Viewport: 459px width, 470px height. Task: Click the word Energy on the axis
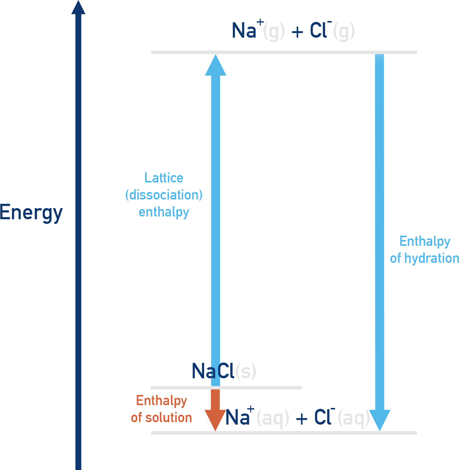tap(31, 212)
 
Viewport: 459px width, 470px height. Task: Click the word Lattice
tap(164, 178)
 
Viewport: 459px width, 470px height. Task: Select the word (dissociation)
tap(164, 195)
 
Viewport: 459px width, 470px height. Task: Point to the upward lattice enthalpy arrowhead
tap(216, 65)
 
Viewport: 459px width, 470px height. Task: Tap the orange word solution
tap(169, 418)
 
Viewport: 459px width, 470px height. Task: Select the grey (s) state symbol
tap(246, 371)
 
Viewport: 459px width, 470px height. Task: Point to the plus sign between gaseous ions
tap(297, 32)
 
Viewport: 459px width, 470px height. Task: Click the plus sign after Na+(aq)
tap(301, 419)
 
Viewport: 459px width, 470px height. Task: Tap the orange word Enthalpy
tap(162, 401)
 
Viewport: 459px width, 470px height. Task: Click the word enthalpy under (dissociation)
tap(164, 212)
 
